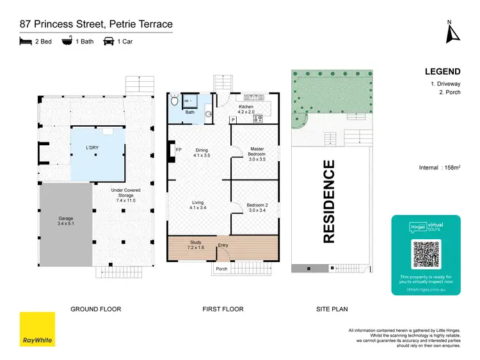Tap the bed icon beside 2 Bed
[x=25, y=42]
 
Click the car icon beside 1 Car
[x=109, y=42]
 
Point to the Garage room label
[x=66, y=221]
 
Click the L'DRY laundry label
[x=95, y=148]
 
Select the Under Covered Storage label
[x=125, y=195]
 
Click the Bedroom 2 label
[x=257, y=208]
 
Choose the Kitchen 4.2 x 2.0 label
[x=246, y=109]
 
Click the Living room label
[x=197, y=205]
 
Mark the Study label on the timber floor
[x=196, y=245]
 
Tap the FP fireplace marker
[x=179, y=150]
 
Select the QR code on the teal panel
[x=426, y=254]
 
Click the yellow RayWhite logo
[x=36, y=329]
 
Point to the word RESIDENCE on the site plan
[x=329, y=202]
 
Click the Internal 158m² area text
[x=438, y=168]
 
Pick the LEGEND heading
[x=442, y=72]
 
